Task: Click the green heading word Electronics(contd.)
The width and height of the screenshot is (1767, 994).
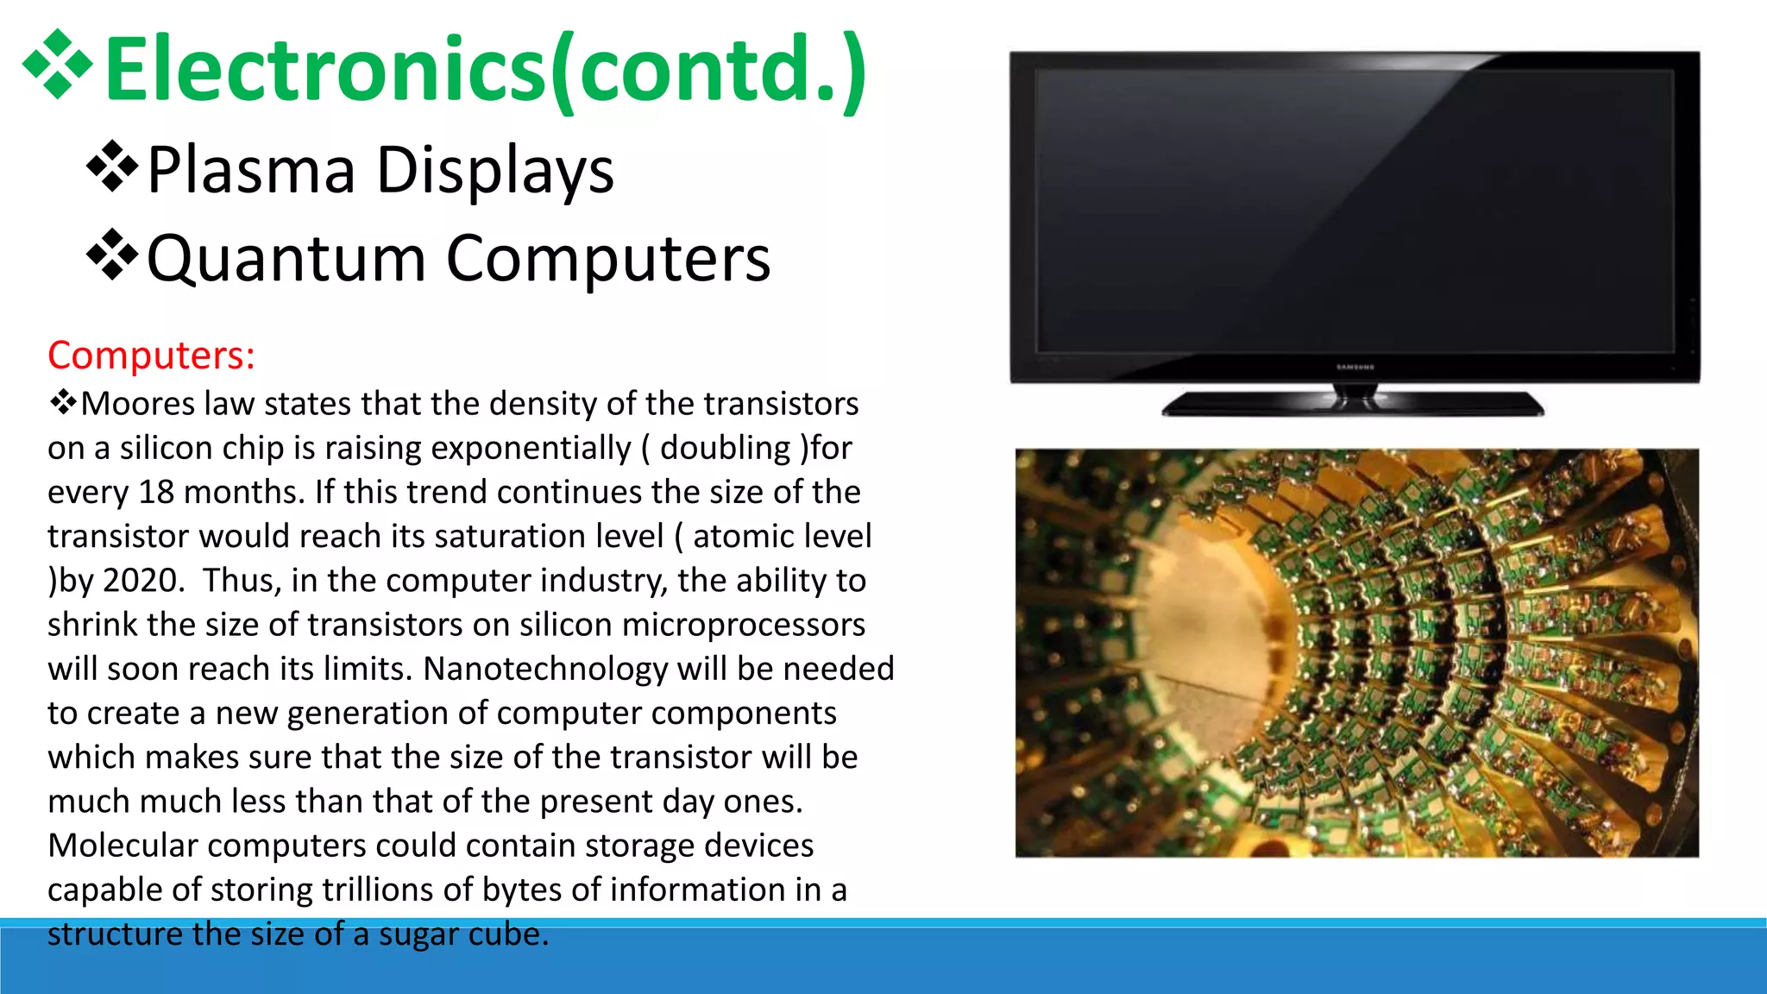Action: [485, 69]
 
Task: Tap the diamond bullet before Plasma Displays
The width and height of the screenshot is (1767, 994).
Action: [112, 167]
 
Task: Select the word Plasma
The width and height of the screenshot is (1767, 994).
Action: [251, 170]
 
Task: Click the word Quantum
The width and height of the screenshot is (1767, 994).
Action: [286, 259]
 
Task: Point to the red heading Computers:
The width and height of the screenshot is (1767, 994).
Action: [151, 355]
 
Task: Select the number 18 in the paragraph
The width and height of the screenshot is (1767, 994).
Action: [156, 492]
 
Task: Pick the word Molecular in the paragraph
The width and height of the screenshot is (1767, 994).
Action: [123, 846]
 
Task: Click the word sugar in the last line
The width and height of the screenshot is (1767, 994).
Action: [418, 934]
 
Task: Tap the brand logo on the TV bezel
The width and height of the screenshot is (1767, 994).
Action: [1355, 368]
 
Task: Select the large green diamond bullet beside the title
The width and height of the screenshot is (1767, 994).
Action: [57, 65]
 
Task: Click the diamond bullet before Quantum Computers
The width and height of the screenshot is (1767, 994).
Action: [112, 255]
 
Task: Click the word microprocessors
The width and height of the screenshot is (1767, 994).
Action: [743, 625]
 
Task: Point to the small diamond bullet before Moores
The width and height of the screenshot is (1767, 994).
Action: [62, 402]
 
